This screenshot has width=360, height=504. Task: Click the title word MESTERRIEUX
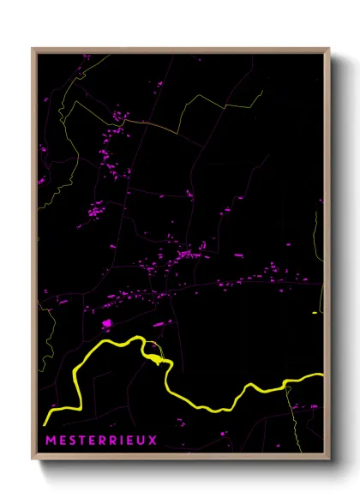tap(100, 441)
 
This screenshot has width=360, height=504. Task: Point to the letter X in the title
tap(153, 441)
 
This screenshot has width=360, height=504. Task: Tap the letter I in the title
tap(122, 441)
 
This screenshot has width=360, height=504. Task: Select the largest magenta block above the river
tap(107, 324)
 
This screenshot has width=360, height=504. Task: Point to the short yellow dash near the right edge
tap(315, 313)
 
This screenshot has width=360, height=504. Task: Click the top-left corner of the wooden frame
tap(33, 50)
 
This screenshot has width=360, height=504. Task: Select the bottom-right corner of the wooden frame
tap(329, 459)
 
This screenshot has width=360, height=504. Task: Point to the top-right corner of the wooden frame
tap(329, 50)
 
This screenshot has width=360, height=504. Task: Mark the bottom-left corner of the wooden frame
tap(33, 459)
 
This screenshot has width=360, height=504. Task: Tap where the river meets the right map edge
tap(322, 375)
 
